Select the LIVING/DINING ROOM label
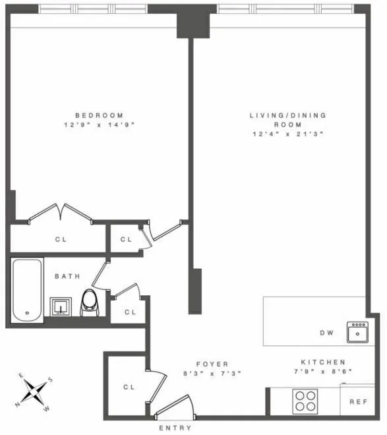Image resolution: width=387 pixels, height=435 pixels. tap(287, 119)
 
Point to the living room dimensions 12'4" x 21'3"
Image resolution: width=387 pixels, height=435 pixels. tap(287, 134)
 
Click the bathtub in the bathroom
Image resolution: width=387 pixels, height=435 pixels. tap(27, 289)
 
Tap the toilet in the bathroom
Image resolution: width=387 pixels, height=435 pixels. tap(90, 303)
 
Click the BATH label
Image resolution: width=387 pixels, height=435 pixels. tap(67, 276)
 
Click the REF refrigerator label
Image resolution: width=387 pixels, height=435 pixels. tap(358, 401)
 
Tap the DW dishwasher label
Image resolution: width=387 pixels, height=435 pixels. tap(327, 333)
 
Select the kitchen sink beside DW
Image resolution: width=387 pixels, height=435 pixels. tap(358, 332)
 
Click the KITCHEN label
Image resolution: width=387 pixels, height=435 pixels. tap(323, 362)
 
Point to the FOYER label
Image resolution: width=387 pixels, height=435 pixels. tap(212, 364)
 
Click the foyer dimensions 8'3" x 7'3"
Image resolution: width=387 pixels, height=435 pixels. tap(212, 373)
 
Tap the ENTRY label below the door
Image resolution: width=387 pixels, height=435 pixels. tap(175, 428)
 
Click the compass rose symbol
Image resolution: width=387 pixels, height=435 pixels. tap(35, 391)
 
